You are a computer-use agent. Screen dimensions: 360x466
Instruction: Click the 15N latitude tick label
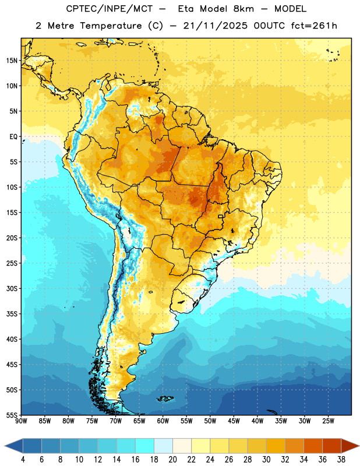[12, 61]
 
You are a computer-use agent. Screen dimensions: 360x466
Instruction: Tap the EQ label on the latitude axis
[13, 137]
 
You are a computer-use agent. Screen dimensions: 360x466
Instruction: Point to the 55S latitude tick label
[12, 415]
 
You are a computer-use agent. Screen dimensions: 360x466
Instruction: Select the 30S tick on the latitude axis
[12, 288]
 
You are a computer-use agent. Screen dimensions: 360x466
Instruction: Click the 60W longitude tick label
[163, 421]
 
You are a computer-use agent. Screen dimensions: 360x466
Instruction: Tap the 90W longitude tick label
[21, 421]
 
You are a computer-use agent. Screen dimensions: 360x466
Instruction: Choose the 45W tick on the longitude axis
[234, 421]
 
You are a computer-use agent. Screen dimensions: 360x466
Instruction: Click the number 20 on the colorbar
[172, 460]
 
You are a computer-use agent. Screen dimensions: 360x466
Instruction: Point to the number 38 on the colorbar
[341, 460]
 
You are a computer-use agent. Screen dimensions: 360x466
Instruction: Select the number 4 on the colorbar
[23, 460]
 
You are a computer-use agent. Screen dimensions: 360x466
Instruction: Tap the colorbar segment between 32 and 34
[294, 446]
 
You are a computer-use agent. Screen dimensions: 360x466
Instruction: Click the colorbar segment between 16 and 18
[145, 446]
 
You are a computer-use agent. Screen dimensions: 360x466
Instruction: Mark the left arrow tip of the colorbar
[5, 446]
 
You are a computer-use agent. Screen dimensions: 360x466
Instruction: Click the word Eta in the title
[186, 9]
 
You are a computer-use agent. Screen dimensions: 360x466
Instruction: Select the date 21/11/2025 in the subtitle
[215, 26]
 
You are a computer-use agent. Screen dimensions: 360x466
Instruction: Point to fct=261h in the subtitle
[314, 26]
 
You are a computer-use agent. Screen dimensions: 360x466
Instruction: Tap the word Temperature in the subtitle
[111, 26]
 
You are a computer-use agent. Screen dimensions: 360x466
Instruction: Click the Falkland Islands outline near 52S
[165, 398]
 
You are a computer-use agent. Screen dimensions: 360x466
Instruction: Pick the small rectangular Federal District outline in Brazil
[221, 216]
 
